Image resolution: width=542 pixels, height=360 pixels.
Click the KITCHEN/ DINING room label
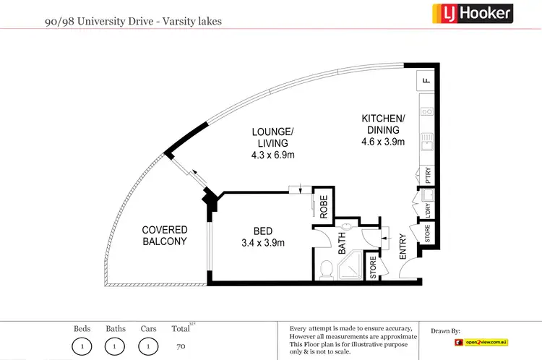(383, 124)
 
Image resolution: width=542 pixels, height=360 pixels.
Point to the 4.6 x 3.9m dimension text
(383, 142)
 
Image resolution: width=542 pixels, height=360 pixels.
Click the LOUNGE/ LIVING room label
(272, 137)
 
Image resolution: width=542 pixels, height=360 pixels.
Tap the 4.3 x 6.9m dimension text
(272, 155)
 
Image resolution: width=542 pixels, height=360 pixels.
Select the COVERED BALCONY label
(164, 236)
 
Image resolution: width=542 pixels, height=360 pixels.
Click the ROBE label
(324, 208)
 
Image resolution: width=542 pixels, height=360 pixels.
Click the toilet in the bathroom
(325, 270)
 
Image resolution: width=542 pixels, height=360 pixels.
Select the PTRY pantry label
(428, 175)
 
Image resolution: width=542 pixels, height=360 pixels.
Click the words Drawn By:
(445, 331)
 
